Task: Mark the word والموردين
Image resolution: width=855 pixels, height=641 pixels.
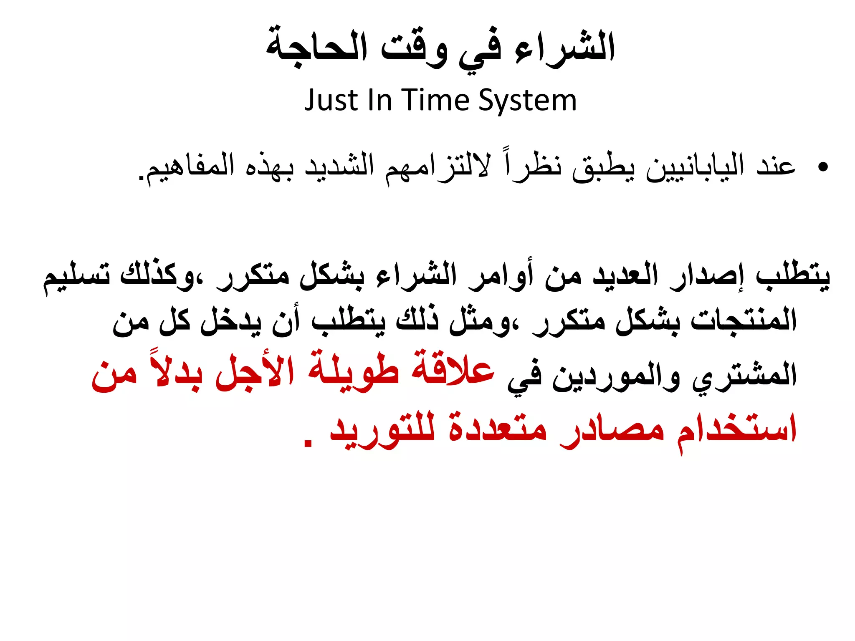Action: pos(616,375)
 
